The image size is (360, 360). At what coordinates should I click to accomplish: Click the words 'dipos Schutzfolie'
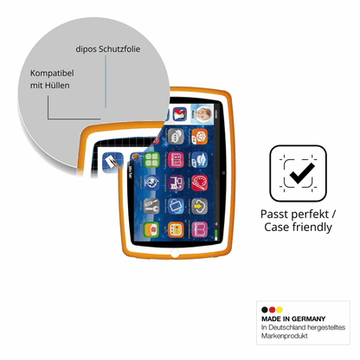pyautogui.click(x=108, y=49)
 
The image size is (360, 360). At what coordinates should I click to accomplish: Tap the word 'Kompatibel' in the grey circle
pyautogui.click(x=52, y=74)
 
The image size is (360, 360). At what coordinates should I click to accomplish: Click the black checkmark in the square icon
pyautogui.click(x=302, y=173)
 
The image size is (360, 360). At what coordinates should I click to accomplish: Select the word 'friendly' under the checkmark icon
pyautogui.click(x=312, y=227)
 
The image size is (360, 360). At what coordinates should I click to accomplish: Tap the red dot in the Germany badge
pyautogui.click(x=272, y=310)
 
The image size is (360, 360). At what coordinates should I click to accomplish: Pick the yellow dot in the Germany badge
pyautogui.click(x=280, y=310)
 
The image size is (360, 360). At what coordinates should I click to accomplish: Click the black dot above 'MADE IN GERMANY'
pyautogui.click(x=265, y=310)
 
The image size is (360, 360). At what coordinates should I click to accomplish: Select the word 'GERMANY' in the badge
pyautogui.click(x=308, y=318)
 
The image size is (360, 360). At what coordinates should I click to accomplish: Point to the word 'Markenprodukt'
pyautogui.click(x=285, y=336)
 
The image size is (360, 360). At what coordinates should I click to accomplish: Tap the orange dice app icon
pyautogui.click(x=200, y=136)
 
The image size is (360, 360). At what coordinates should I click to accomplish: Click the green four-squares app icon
pyautogui.click(x=151, y=159)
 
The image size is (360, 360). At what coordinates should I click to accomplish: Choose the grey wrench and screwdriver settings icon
pyautogui.click(x=151, y=206)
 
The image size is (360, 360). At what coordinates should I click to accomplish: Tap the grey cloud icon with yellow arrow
pyautogui.click(x=199, y=206)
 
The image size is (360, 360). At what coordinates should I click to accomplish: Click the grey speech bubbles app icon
pyautogui.click(x=176, y=136)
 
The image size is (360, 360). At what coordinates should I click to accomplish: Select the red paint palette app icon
pyautogui.click(x=199, y=183)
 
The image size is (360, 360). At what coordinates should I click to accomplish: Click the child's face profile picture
pyautogui.click(x=203, y=113)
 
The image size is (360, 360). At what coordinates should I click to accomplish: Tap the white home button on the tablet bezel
pyautogui.click(x=175, y=254)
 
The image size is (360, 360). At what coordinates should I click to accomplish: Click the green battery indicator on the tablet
pyautogui.click(x=216, y=234)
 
